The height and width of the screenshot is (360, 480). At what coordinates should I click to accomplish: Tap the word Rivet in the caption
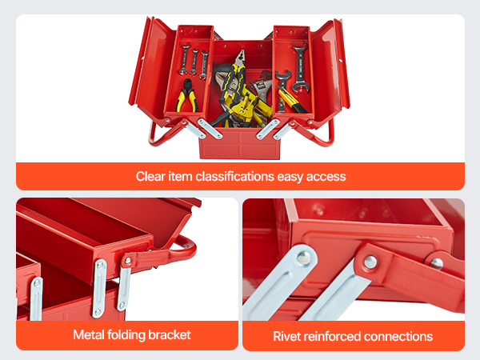[x=283, y=336]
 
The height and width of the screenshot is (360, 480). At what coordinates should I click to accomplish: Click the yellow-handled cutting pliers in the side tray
[x=186, y=95]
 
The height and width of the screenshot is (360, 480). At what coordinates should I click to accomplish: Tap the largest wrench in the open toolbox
[x=299, y=68]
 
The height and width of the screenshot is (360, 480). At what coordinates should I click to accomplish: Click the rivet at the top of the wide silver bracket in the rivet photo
[x=303, y=257]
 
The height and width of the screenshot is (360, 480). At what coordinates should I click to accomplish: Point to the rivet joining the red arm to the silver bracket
[x=370, y=262]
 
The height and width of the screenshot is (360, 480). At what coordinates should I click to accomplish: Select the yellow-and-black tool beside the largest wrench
[x=290, y=99]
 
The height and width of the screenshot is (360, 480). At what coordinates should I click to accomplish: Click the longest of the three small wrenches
[x=185, y=59]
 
